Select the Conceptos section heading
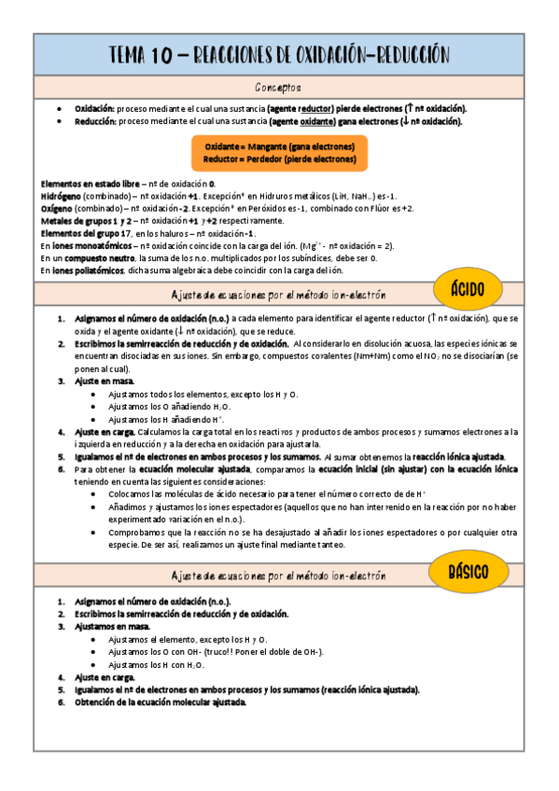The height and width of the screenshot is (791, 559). (x=278, y=88)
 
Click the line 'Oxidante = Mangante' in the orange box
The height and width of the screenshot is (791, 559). (x=280, y=147)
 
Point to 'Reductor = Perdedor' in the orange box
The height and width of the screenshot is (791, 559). (x=280, y=160)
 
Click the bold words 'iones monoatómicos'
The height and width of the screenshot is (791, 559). (x=91, y=245)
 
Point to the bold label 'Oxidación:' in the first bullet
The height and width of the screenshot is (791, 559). (x=94, y=109)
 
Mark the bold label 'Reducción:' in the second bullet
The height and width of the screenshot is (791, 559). (x=94, y=121)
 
